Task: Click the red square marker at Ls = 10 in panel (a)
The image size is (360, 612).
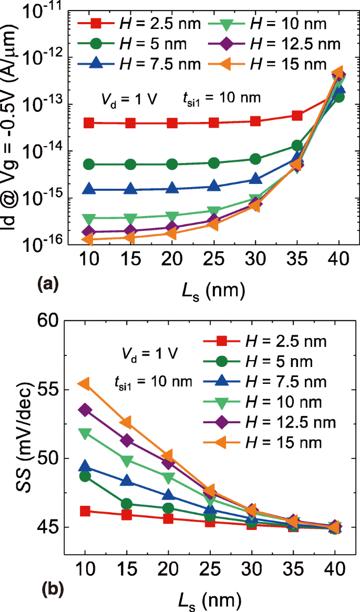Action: coord(89,123)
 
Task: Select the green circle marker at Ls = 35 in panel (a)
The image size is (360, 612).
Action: coord(297,145)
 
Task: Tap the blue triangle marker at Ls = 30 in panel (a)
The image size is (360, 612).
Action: coord(255,179)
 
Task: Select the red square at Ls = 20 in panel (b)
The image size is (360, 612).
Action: coord(168,518)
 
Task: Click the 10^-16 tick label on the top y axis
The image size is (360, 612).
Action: coord(39,243)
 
